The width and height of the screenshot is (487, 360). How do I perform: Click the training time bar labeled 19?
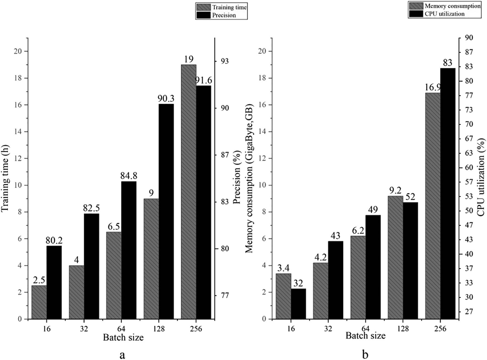pyautogui.click(x=188, y=192)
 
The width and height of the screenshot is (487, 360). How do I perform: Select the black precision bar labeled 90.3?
pyautogui.click(x=166, y=211)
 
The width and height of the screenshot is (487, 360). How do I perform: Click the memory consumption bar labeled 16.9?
pyautogui.click(x=433, y=206)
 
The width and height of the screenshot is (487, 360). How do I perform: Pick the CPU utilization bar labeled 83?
pyautogui.click(x=448, y=193)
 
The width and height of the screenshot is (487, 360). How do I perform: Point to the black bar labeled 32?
pyautogui.click(x=298, y=304)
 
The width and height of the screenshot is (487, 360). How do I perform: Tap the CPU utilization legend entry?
pyautogui.click(x=444, y=14)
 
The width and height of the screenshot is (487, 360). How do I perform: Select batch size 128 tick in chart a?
pyautogui.click(x=159, y=329)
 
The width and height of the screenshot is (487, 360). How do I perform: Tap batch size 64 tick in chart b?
pyautogui.click(x=365, y=329)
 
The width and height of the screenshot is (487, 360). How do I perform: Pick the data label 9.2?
pyautogui.click(x=395, y=191)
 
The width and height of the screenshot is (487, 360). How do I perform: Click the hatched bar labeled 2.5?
pyautogui.click(x=39, y=302)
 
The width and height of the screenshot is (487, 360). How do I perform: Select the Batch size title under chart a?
pyautogui.click(x=123, y=337)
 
